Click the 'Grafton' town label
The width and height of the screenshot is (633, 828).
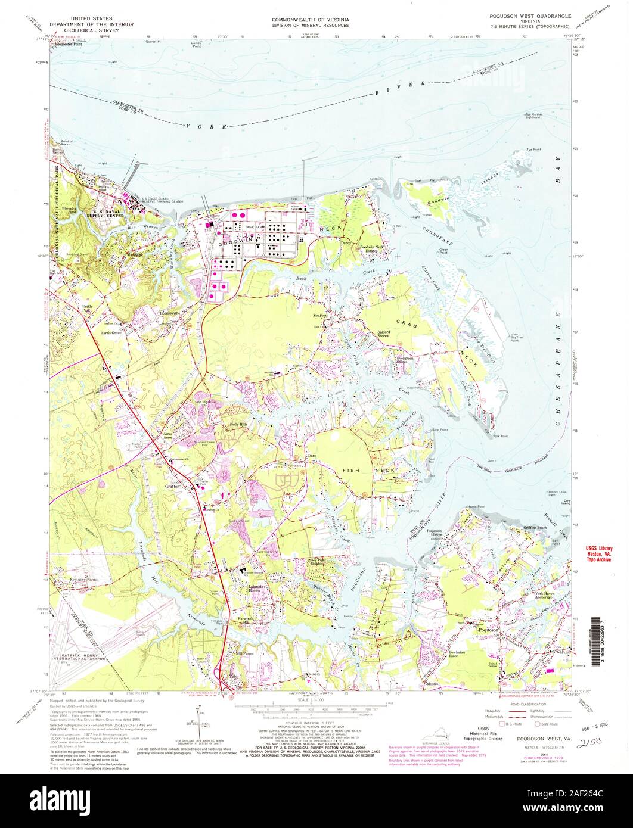click(173, 487)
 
